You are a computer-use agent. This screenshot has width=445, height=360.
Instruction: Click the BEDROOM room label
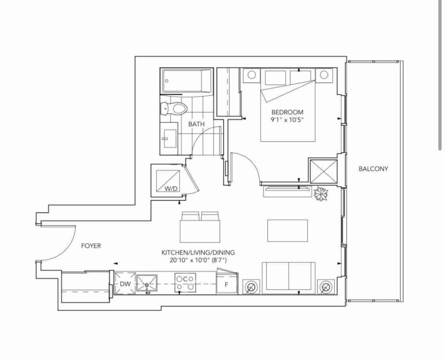[x=287, y=112]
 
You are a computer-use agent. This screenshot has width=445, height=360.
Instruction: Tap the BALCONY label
[x=373, y=169]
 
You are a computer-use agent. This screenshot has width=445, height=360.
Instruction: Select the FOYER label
[x=91, y=246]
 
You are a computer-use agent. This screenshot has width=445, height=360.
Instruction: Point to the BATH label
[x=196, y=124]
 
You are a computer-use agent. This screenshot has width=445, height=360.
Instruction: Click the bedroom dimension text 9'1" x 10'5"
[x=287, y=120]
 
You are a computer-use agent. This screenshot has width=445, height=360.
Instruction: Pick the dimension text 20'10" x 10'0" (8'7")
[x=198, y=260]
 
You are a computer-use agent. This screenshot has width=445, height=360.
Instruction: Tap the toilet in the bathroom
[x=173, y=108]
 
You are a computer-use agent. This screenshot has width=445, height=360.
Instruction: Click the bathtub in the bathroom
[x=187, y=81]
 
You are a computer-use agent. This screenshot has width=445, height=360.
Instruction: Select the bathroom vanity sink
[x=170, y=138]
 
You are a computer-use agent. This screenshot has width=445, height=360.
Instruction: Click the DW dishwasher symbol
[x=125, y=283]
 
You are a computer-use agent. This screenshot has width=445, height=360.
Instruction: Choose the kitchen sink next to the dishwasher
[x=146, y=283]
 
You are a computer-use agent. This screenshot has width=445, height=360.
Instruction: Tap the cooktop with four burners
[x=185, y=283]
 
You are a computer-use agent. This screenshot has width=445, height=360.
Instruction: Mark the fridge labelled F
[x=227, y=283]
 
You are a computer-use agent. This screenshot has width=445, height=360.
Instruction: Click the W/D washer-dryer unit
[x=168, y=181]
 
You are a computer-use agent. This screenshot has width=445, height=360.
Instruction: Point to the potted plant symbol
[x=321, y=193]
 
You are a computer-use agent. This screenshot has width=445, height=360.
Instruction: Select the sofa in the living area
[x=289, y=278]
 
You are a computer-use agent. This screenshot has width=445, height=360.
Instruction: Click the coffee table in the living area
[x=287, y=231]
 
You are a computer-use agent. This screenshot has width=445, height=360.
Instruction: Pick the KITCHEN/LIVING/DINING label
[x=198, y=253]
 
